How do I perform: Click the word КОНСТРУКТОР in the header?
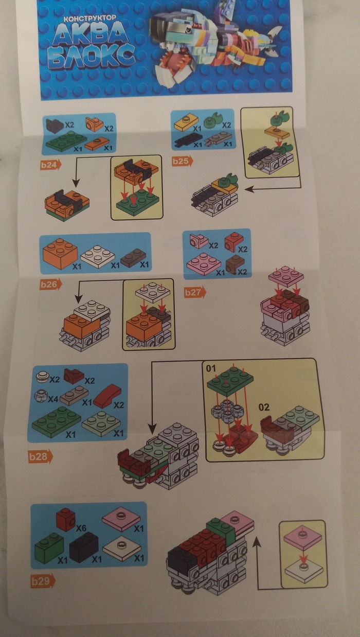(89, 19)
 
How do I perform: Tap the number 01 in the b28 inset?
(211, 368)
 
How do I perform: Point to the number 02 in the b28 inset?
(264, 407)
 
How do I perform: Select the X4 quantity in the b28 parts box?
(53, 399)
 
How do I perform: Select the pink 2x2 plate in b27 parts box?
(204, 262)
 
